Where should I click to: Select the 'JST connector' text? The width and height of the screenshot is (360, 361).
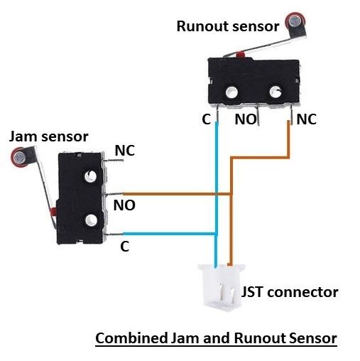click(290, 292)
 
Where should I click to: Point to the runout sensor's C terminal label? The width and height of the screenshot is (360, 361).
click(205, 119)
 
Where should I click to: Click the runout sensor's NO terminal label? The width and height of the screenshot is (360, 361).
click(246, 119)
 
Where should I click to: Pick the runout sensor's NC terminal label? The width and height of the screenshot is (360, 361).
click(306, 119)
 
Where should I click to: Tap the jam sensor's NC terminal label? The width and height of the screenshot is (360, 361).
click(124, 151)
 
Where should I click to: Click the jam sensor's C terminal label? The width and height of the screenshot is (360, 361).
click(124, 247)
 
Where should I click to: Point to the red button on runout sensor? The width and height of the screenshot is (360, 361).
click(241, 54)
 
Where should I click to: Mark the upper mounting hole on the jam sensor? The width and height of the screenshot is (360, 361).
click(89, 175)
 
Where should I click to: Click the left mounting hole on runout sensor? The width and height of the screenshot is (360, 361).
click(232, 90)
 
